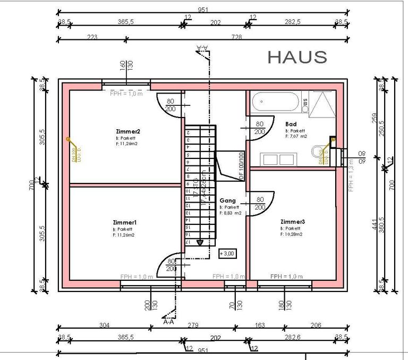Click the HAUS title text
(x=297, y=57)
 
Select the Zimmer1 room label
(x=124, y=222)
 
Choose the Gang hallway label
(x=227, y=200)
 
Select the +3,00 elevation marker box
(x=227, y=253)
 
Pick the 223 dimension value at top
(x=92, y=37)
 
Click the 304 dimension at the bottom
(x=105, y=325)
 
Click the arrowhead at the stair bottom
(x=200, y=242)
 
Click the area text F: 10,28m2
(x=291, y=234)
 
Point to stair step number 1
(x=187, y=130)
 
